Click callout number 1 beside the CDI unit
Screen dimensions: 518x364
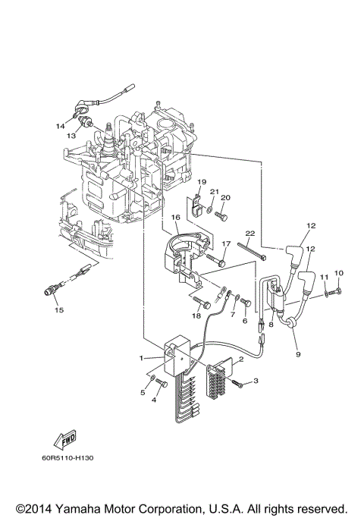pos(142,357)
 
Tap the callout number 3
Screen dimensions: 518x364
pos(256,381)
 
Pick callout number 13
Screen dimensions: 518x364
pos(71,136)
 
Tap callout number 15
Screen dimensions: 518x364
pos(58,309)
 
